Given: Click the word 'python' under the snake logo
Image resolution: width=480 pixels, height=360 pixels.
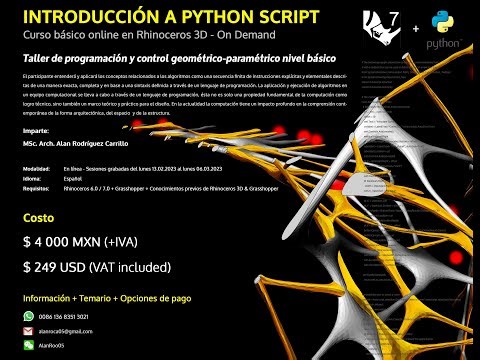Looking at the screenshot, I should click(x=442, y=46).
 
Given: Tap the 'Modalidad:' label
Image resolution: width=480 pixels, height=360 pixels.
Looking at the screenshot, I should click(x=38, y=168).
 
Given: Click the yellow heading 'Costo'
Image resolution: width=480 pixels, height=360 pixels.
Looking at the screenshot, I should click(x=39, y=218).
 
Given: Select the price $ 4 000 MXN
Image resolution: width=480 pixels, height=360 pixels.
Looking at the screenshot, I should click(x=66, y=242).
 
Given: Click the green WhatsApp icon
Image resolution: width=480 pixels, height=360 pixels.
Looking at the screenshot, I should click(x=28, y=316).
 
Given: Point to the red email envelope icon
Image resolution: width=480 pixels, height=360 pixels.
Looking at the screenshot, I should click(x=28, y=331).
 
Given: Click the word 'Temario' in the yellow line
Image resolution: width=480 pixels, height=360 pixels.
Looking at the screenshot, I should click(x=102, y=298).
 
